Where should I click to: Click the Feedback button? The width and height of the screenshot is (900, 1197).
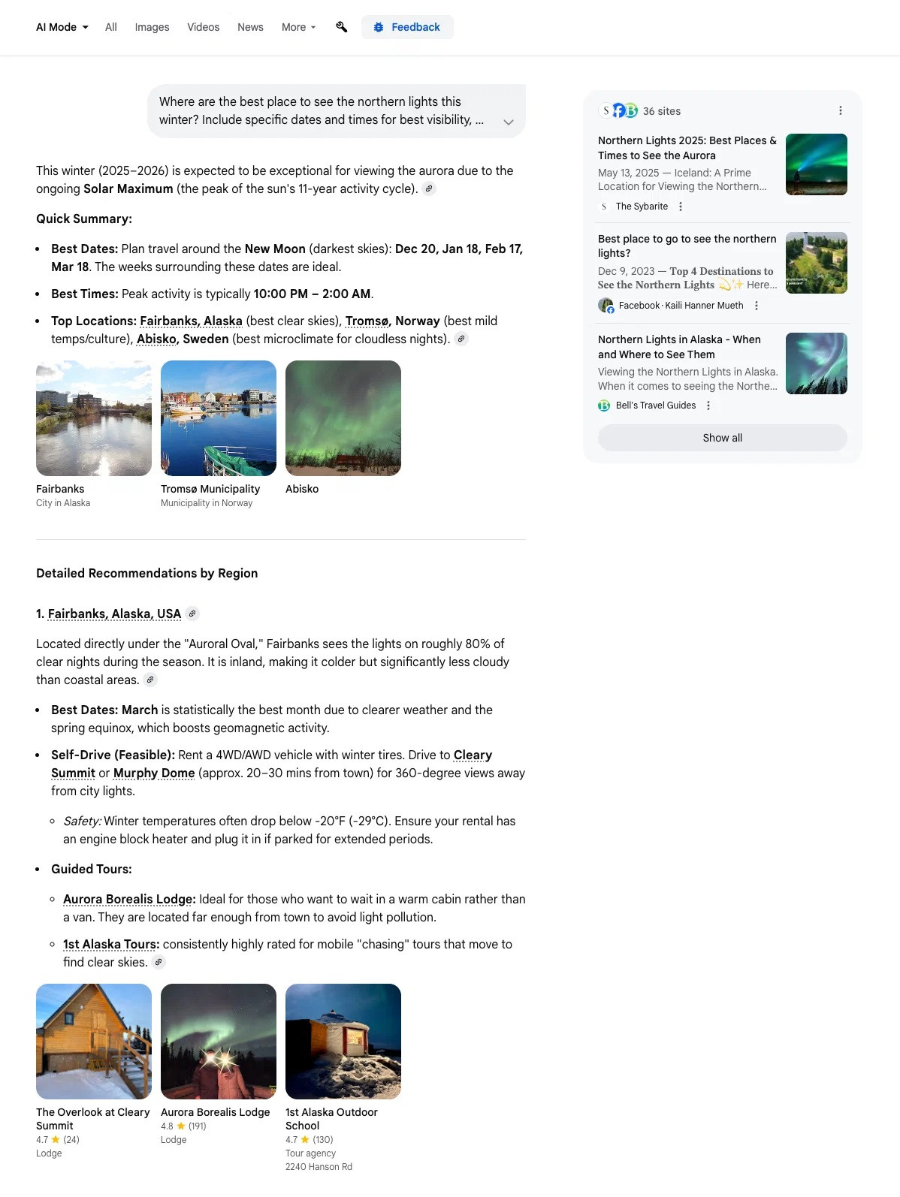point(407,27)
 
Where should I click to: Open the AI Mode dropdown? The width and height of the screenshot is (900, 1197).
point(62,27)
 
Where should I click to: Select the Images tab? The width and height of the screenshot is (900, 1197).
point(152,27)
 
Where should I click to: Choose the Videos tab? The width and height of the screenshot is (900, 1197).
point(203,27)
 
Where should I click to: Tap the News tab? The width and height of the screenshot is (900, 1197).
point(250,27)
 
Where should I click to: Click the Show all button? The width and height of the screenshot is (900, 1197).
point(722,438)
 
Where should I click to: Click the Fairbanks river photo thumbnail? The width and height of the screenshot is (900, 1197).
point(94,418)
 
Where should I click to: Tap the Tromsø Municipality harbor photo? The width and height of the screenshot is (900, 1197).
point(219,418)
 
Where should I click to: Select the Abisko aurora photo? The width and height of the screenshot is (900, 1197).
point(343,418)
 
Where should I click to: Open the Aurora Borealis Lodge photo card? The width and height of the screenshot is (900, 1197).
point(219,1042)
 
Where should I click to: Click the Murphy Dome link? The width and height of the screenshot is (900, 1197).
point(154,773)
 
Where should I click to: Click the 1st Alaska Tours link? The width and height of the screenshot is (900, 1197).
point(110,944)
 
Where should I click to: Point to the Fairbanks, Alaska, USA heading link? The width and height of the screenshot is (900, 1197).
point(114,614)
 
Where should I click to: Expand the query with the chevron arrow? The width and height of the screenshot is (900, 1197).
point(509,122)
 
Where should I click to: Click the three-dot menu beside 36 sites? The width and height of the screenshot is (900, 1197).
point(841,110)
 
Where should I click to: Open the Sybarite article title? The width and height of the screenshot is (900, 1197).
point(687,148)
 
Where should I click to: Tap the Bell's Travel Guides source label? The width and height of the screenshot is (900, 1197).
point(655,406)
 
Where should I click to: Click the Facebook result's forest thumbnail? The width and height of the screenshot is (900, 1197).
point(816,263)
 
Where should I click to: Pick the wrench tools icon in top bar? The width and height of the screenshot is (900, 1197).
point(342,27)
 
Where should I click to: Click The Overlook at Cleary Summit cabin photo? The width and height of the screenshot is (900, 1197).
point(94,1042)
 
